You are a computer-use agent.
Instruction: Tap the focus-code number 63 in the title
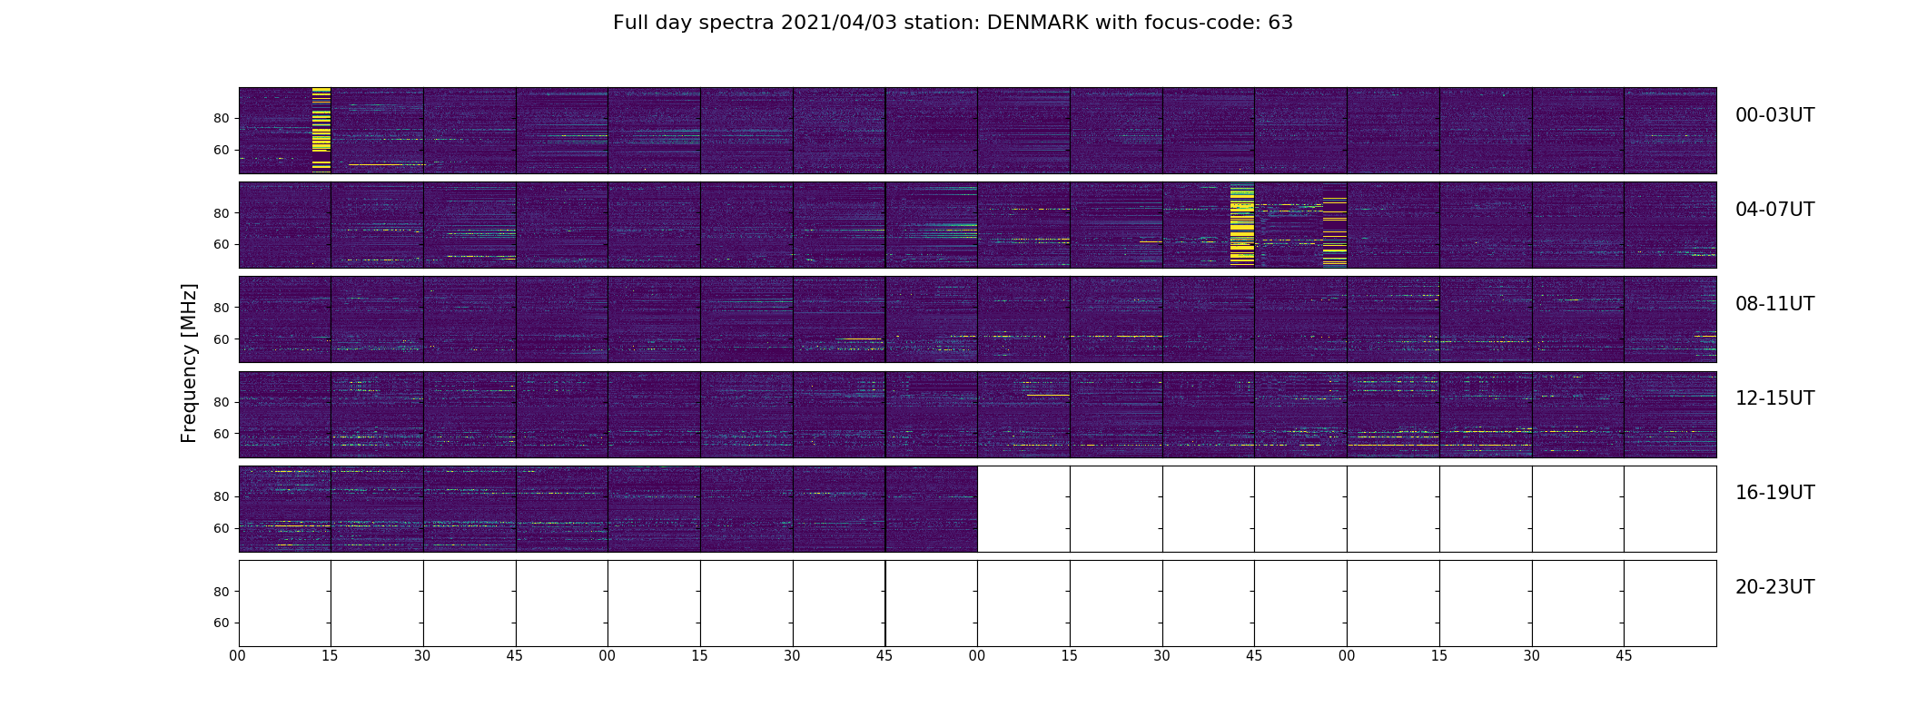(1280, 23)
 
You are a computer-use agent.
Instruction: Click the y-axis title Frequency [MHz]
(189, 363)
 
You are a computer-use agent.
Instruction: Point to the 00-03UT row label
(1774, 115)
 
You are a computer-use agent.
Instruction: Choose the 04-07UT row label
(1774, 210)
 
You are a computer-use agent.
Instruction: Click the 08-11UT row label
(1774, 304)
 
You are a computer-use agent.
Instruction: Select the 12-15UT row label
(1774, 398)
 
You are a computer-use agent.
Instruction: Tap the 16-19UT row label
(1774, 493)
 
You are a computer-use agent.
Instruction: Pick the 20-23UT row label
(1774, 587)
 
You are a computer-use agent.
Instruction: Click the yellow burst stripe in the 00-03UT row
(321, 130)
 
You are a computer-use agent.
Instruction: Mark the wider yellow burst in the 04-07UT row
(1241, 225)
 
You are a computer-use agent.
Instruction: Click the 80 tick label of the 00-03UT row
(222, 119)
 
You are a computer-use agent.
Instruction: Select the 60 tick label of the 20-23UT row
(222, 623)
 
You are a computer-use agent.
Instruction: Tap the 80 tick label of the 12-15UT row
(222, 402)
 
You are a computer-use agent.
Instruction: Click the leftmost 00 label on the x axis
(238, 656)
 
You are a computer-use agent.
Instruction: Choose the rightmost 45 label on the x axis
(1624, 656)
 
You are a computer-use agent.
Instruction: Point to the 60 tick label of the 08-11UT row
(222, 339)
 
